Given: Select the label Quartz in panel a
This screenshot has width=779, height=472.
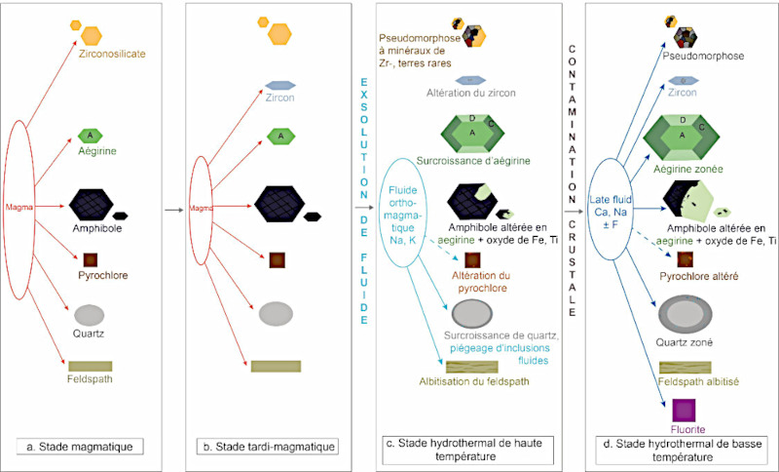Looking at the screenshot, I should [89, 334].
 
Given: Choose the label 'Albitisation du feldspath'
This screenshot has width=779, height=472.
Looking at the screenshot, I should [471, 382].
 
